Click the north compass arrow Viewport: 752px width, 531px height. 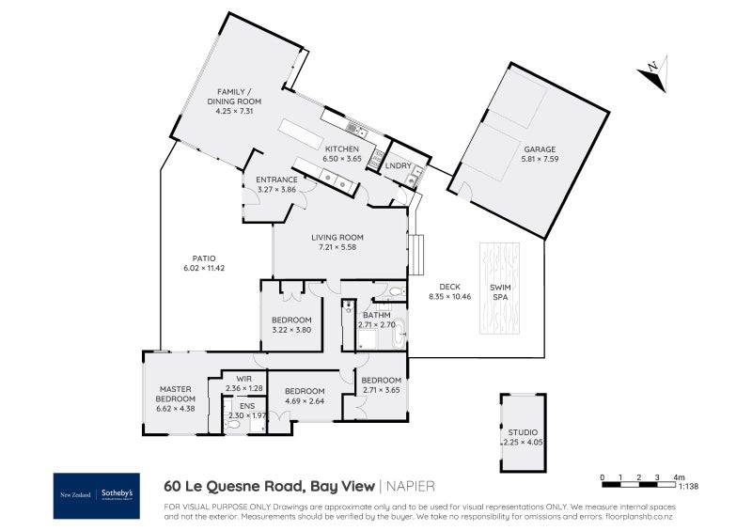653,74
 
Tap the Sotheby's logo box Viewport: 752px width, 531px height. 97,495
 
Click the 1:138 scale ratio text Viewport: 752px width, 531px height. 689,486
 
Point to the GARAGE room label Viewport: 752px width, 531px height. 540,149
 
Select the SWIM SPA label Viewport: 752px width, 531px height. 500,292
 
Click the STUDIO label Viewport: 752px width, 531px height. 523,432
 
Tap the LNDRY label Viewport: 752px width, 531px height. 398,166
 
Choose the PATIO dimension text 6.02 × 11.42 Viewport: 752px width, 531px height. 204,268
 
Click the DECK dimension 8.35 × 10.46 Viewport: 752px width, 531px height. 450,296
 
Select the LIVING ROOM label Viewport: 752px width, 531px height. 337,237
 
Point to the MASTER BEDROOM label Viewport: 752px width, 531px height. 176,394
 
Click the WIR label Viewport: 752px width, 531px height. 244,379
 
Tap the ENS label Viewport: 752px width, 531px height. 247,406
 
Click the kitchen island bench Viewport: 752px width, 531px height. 301,134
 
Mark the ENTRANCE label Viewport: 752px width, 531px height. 276,180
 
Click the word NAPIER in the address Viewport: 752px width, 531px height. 411,487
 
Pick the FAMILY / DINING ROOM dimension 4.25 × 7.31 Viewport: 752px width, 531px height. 234,111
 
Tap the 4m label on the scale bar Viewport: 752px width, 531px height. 679,477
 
